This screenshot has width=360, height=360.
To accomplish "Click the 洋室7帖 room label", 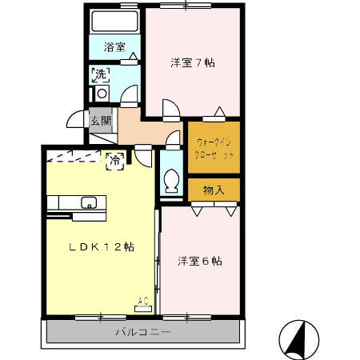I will click(x=192, y=62).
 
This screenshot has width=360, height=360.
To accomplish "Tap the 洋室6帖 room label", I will click(x=199, y=261).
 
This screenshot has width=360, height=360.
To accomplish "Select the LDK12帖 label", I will click(x=99, y=248).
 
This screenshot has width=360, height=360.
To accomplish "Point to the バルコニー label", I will click(x=142, y=331).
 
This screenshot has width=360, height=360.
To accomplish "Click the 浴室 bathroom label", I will click(x=114, y=46).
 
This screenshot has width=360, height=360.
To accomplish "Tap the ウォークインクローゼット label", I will click(x=214, y=148).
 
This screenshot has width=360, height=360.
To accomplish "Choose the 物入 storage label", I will click(x=214, y=190).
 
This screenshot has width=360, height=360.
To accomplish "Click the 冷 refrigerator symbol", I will click(x=114, y=160).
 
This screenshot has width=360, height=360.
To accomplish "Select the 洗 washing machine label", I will click(x=101, y=75).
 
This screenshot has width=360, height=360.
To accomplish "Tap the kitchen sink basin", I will click(x=88, y=202).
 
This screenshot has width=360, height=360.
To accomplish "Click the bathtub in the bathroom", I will click(x=113, y=21).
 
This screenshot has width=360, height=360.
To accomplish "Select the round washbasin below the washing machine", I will click(x=101, y=94).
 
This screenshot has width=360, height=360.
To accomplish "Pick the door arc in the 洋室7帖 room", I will click(x=170, y=109).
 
